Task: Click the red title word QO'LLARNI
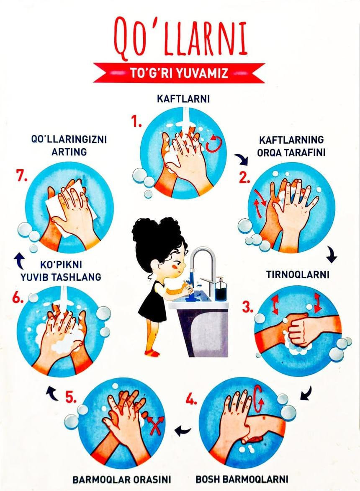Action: point(180,37)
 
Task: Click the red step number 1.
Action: point(136,122)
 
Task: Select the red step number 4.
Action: point(191,400)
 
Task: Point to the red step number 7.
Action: point(22,177)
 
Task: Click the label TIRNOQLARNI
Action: point(298,274)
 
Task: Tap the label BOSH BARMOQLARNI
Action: point(242,478)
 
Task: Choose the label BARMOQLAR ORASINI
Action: point(122,478)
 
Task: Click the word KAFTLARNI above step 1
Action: point(183,99)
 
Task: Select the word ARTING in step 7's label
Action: point(69,151)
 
